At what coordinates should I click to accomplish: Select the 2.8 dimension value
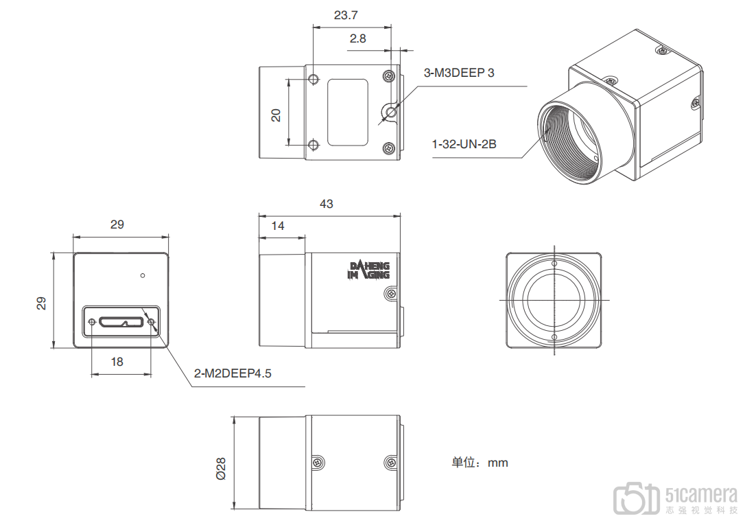coord(357,38)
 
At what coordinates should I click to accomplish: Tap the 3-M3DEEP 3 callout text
coord(459,73)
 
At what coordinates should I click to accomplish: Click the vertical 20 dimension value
coord(276,115)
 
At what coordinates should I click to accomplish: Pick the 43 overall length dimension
coord(327,204)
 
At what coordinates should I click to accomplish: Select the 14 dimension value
coord(277,226)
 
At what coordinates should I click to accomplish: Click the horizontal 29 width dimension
coord(117,224)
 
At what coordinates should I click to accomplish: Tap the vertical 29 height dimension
coord(41,303)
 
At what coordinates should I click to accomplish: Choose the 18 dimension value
coord(117,362)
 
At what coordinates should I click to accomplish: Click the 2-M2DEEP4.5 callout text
coord(233,374)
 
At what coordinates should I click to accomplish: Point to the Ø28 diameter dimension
coord(220,468)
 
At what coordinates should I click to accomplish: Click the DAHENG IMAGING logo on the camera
coord(370,270)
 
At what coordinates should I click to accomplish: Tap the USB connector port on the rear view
coord(121,321)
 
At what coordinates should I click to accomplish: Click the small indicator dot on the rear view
coord(142,276)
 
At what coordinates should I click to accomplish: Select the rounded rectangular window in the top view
coord(347,112)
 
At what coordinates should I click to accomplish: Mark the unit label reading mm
coord(498,463)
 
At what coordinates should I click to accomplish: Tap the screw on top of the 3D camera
coord(661,51)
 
